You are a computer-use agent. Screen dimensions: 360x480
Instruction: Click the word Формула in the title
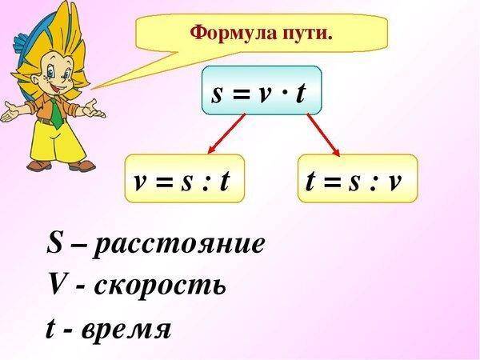pos(225,34)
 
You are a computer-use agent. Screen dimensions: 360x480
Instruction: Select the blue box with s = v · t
pos(261,93)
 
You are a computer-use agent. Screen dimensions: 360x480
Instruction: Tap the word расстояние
pos(179,244)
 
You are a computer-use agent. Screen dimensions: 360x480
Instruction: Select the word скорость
pos(160,284)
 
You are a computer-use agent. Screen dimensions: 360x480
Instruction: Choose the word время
pos(129,327)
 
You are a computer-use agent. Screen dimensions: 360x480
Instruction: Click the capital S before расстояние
pos(55,242)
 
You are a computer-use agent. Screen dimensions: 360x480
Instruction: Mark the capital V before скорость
pos(56,283)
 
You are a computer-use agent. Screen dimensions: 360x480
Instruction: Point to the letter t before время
pos(50,326)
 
